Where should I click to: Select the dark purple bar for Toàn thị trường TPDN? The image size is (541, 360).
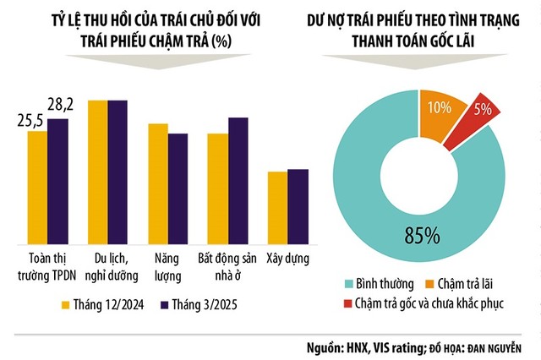click(x=57, y=180)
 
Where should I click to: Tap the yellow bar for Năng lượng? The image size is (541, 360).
click(x=158, y=183)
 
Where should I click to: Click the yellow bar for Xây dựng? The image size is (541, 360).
click(x=277, y=206)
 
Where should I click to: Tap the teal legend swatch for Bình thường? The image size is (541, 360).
click(x=350, y=283)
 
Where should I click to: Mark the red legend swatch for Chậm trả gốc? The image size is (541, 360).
click(x=350, y=302)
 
